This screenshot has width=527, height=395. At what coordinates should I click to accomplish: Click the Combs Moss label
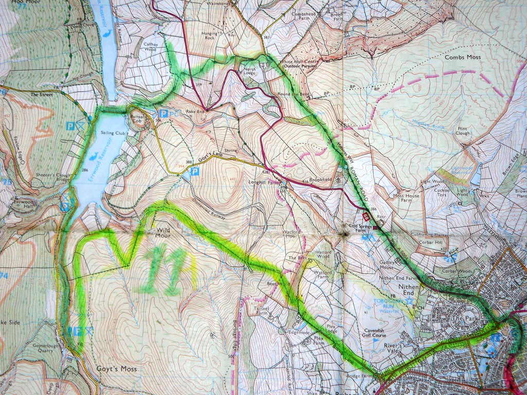[463, 57]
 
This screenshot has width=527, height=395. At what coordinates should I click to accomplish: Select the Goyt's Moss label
[116, 369]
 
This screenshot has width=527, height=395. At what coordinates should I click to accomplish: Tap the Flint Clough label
[462, 130]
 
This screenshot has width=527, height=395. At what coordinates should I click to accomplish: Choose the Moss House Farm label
[406, 198]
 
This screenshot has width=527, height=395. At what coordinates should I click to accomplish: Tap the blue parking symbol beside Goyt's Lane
[195, 171]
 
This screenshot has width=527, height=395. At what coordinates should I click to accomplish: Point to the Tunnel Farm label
[262, 311]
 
